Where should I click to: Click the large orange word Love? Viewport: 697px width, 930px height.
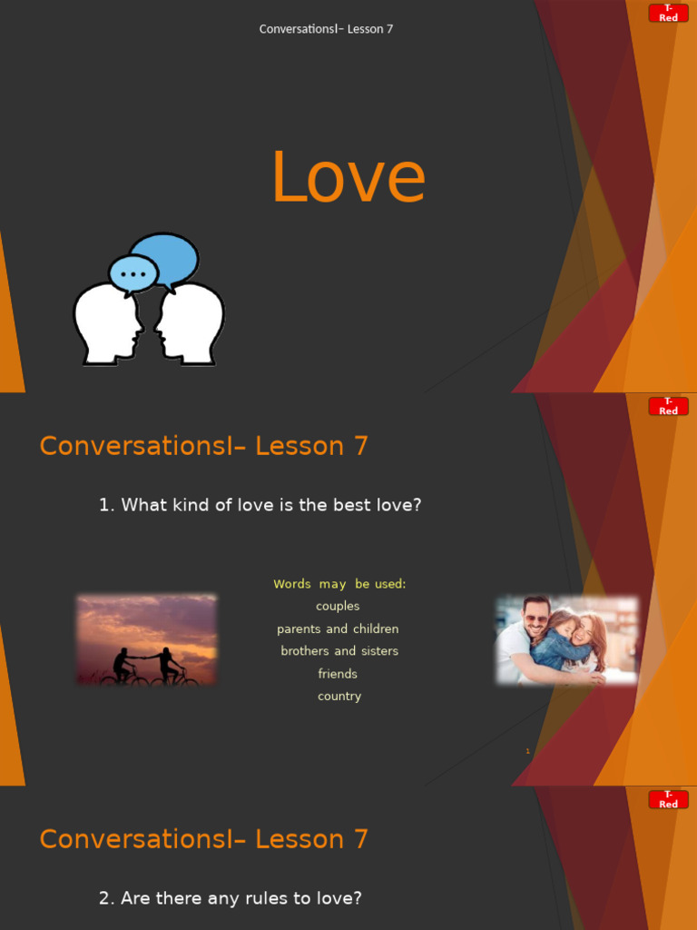coord(348,178)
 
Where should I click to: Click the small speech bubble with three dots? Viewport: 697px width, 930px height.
coord(133,273)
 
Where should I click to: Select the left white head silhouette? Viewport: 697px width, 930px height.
coord(107,324)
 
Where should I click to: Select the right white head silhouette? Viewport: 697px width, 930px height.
coord(190,324)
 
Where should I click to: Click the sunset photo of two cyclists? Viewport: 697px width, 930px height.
coord(147,639)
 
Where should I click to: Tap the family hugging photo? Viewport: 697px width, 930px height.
coord(566,639)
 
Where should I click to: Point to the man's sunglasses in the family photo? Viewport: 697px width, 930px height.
coord(536,618)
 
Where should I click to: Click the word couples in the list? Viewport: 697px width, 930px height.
coord(338,607)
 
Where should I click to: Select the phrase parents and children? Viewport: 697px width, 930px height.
coord(338,629)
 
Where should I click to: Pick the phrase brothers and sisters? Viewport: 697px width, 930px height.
coord(339,651)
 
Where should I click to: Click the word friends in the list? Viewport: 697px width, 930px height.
coord(338,674)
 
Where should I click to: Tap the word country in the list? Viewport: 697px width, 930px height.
coord(339,697)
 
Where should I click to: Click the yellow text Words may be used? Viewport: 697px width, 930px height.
coord(339,584)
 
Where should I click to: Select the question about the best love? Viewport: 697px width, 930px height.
coord(260,505)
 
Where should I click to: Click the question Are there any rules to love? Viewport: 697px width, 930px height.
coord(231,898)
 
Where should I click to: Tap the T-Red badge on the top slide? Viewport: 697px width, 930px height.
coord(668,13)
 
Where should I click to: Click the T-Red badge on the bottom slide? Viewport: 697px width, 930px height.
coord(668,799)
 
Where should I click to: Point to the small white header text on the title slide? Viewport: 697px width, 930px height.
coord(326,29)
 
